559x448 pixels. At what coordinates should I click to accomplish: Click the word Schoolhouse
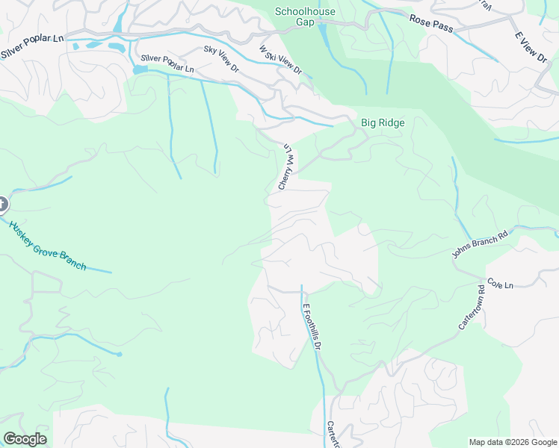[x=305, y=11]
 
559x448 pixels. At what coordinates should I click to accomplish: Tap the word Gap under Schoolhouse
[x=305, y=22]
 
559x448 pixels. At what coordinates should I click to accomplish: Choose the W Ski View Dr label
[x=280, y=60]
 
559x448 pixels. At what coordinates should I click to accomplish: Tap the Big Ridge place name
[x=383, y=122]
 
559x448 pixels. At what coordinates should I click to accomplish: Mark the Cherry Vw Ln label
[x=286, y=167]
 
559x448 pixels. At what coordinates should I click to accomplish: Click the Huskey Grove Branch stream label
[x=47, y=245]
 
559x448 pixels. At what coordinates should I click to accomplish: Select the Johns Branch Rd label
[x=480, y=243]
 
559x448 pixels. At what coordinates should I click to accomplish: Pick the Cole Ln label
[x=500, y=284]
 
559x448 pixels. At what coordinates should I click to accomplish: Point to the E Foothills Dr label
[x=312, y=326]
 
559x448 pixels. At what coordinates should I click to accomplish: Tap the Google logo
[x=25, y=439]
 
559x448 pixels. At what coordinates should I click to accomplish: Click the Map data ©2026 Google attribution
[x=512, y=442]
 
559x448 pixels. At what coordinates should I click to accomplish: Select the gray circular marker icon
[x=1, y=204]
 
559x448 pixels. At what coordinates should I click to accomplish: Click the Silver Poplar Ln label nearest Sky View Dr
[x=167, y=63]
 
